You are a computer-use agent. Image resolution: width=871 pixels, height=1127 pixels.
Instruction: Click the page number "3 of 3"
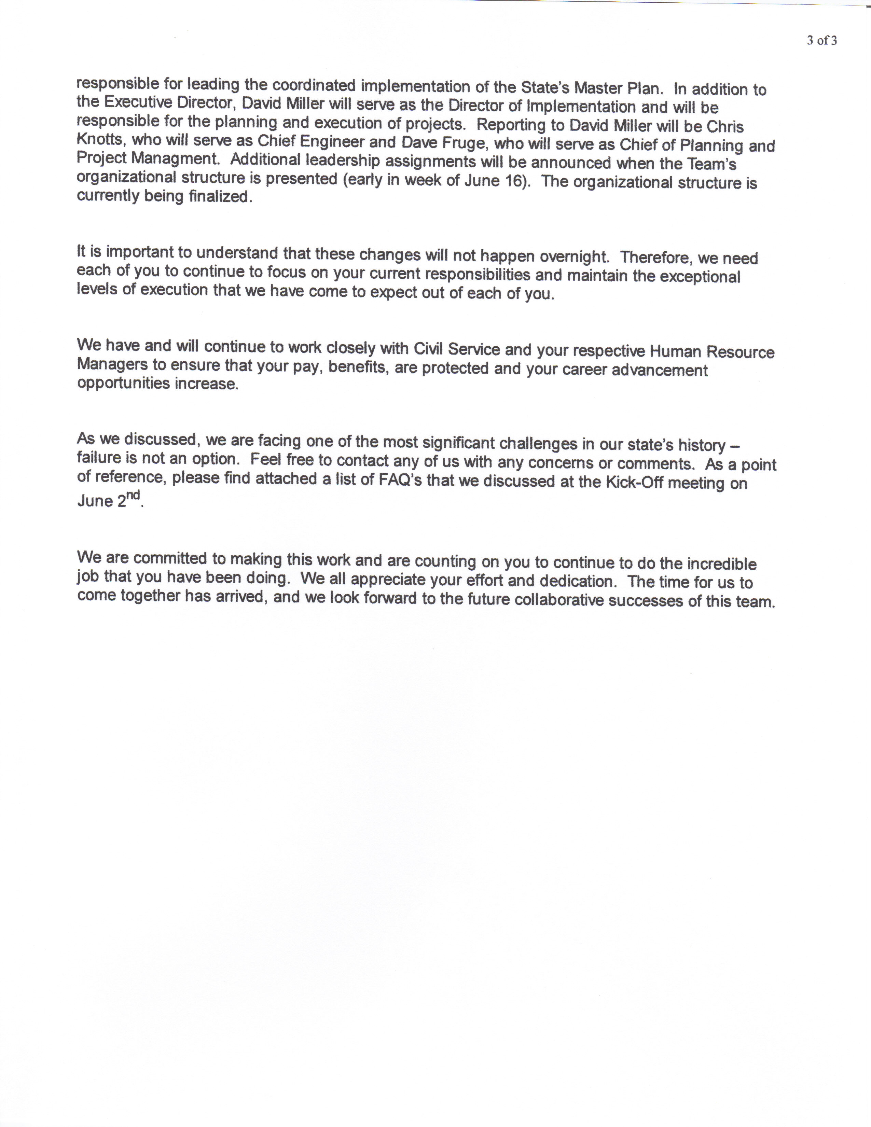822,41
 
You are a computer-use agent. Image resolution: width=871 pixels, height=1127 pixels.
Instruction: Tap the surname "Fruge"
461,143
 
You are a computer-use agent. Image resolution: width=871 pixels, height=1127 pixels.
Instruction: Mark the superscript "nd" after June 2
134,497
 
